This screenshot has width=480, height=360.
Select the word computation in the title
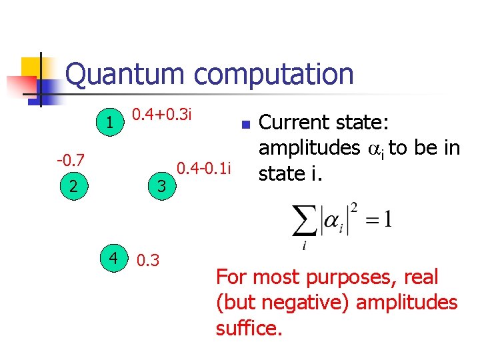point(274,75)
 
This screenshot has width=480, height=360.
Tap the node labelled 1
point(109,122)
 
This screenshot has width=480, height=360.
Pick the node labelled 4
point(114,256)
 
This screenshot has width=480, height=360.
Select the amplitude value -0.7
point(70,160)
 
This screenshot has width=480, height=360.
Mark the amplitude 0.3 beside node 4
point(147,260)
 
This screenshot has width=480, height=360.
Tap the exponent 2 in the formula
point(355,209)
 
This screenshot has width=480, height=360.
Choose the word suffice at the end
point(249,327)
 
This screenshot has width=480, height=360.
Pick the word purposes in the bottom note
point(341,277)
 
